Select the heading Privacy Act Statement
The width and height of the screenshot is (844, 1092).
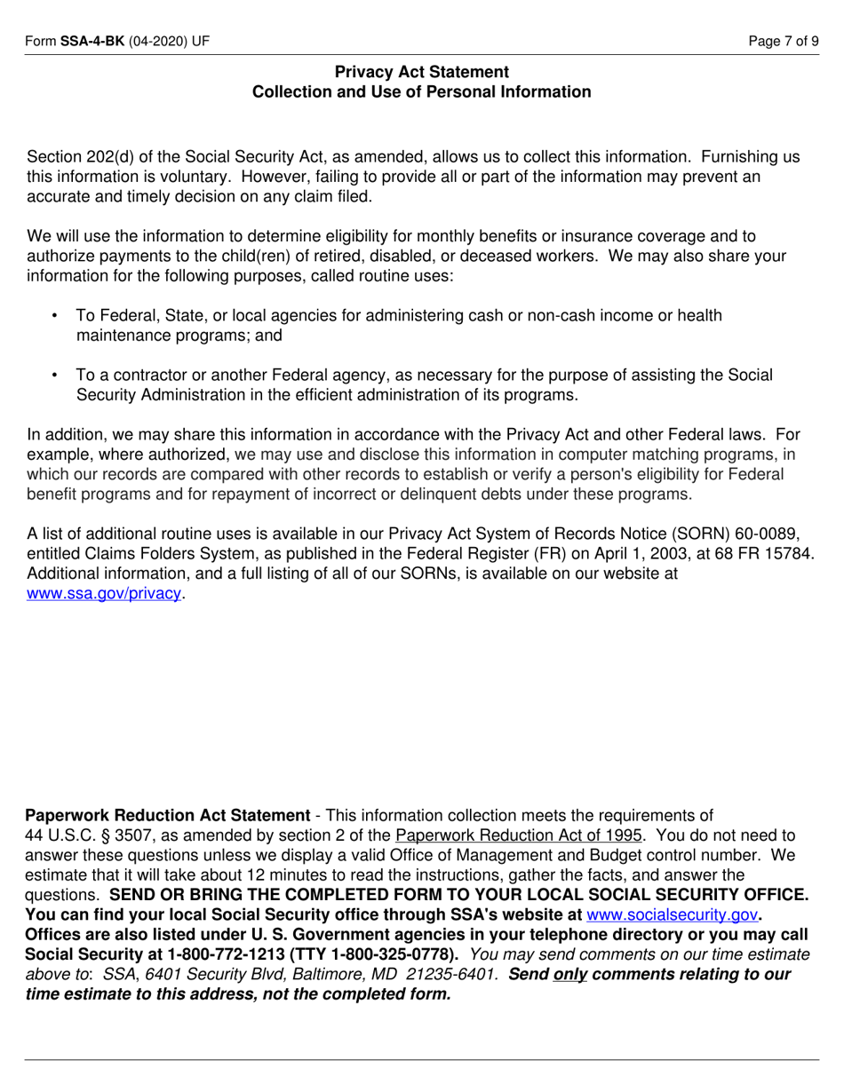coord(422,72)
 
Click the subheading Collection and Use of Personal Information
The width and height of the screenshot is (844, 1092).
coord(422,91)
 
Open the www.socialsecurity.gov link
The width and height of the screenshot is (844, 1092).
coord(672,914)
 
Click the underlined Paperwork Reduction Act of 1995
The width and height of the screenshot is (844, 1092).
coord(518,835)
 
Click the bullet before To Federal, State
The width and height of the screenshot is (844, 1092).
coord(56,316)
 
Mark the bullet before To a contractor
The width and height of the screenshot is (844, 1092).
coord(56,376)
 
